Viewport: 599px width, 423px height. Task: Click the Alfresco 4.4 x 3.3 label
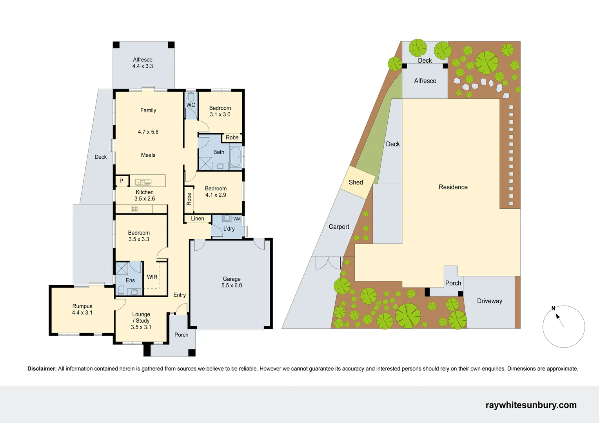point(143,63)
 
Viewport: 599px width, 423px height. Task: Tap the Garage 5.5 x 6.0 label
point(232,282)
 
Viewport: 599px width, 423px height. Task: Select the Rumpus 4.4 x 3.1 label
point(82,309)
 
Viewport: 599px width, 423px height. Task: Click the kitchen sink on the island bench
point(143,182)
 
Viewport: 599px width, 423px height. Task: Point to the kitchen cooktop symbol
point(134,209)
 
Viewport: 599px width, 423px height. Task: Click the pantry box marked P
point(122,181)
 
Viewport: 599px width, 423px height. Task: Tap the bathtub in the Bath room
point(236,157)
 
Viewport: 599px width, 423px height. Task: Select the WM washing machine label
point(237,219)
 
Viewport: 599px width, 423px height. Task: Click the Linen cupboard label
point(198,219)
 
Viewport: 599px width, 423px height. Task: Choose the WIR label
point(152,277)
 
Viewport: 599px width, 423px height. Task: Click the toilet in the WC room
point(191,96)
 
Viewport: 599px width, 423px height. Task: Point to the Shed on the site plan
point(356,183)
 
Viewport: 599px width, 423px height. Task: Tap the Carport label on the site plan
point(339,227)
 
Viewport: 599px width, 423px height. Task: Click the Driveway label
point(489,301)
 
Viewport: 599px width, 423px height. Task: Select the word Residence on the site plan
point(453,187)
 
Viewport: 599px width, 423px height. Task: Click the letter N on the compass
point(553,309)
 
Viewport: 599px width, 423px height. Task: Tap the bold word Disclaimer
point(42,369)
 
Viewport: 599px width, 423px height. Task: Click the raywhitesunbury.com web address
point(531,405)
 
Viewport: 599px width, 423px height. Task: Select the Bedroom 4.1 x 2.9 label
point(216,192)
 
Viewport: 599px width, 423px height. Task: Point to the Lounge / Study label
point(141,320)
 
